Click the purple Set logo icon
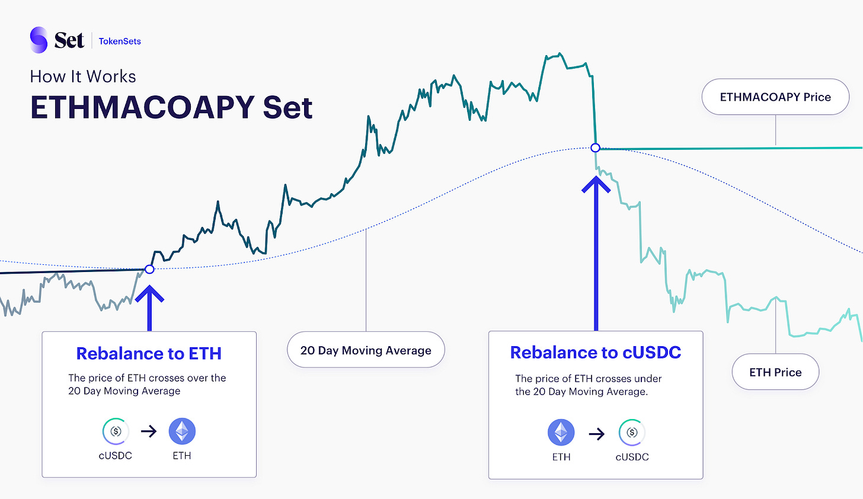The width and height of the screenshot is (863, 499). coord(39,40)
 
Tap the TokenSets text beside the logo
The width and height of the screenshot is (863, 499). coord(120,41)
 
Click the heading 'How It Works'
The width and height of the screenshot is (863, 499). coord(83,76)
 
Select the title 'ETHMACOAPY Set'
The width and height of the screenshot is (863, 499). coord(171,107)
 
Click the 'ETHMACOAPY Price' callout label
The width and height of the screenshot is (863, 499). coord(775,97)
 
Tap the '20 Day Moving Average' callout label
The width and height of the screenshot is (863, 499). coord(366,350)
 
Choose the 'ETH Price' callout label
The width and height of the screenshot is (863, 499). coord(775,372)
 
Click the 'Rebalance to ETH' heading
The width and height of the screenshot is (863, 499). coord(149,353)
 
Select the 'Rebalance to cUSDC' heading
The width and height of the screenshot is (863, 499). coord(595,352)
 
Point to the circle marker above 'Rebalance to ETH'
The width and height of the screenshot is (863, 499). coord(149,269)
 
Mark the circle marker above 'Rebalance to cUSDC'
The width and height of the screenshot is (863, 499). coord(595,148)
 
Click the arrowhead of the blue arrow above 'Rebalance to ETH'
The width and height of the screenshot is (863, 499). coord(149,287)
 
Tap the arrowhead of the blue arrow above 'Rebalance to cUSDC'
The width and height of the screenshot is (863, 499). coord(596,178)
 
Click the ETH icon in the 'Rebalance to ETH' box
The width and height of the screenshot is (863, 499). coord(182,431)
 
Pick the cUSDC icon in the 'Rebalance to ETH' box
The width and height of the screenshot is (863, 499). coord(116,431)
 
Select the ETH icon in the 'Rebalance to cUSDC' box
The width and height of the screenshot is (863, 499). coord(561,433)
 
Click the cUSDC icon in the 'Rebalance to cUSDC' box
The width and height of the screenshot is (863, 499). coord(632,433)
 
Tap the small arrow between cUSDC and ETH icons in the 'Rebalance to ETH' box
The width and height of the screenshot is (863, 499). coord(149,431)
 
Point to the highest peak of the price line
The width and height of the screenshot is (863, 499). coord(560,53)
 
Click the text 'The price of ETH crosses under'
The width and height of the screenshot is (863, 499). coord(589,378)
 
